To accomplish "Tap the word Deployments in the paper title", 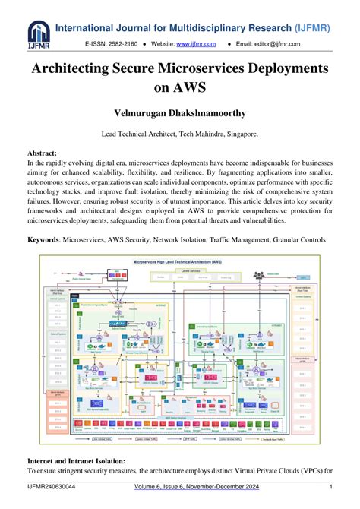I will click(278, 68).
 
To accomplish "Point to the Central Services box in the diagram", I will click(180, 270).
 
